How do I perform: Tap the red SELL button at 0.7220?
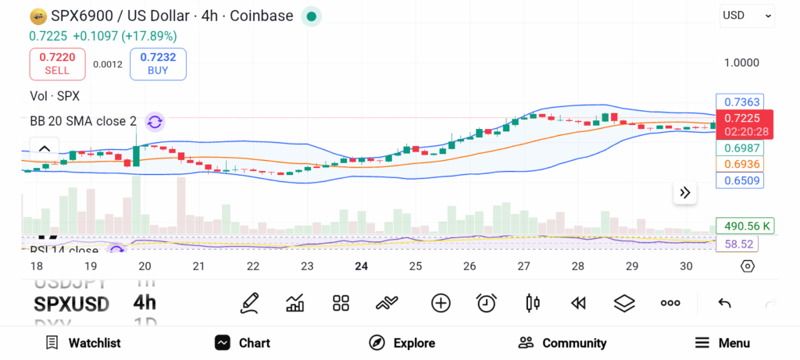pyautogui.click(x=57, y=63)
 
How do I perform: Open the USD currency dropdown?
pyautogui.click(x=747, y=15)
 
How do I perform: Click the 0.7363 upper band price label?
pyautogui.click(x=741, y=102)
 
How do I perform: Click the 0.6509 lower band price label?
pyautogui.click(x=741, y=180)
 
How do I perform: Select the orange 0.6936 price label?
pyautogui.click(x=741, y=164)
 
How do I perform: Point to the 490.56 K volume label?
pyautogui.click(x=745, y=226)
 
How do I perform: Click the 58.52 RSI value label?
pyautogui.click(x=737, y=244)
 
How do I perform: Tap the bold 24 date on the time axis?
pyautogui.click(x=361, y=266)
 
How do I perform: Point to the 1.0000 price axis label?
pyautogui.click(x=741, y=63)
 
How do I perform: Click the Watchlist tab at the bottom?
pyautogui.click(x=83, y=343)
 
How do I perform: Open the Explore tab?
pyautogui.click(x=402, y=343)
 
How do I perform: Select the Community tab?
pyautogui.click(x=562, y=343)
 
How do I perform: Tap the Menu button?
pyautogui.click(x=723, y=343)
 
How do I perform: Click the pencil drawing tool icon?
pyautogui.click(x=250, y=303)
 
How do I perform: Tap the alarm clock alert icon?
pyautogui.click(x=487, y=303)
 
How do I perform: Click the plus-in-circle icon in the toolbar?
pyautogui.click(x=441, y=303)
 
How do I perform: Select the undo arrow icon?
pyautogui.click(x=724, y=303)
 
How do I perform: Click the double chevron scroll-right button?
pyautogui.click(x=685, y=193)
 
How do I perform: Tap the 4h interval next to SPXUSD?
pyautogui.click(x=145, y=303)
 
